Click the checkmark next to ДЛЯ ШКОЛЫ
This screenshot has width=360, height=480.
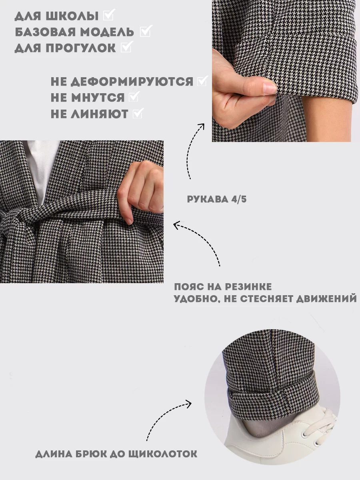(x=109, y=15)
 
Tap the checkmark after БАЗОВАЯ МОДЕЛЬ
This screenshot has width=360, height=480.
(x=146, y=31)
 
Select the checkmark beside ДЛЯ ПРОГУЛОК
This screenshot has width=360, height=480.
(x=127, y=46)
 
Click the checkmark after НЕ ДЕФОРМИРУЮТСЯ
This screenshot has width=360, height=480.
(x=202, y=81)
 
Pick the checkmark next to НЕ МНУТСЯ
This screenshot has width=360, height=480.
(x=134, y=96)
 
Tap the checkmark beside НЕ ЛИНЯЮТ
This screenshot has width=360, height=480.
(x=138, y=113)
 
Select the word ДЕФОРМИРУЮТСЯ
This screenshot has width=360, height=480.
(x=132, y=82)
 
